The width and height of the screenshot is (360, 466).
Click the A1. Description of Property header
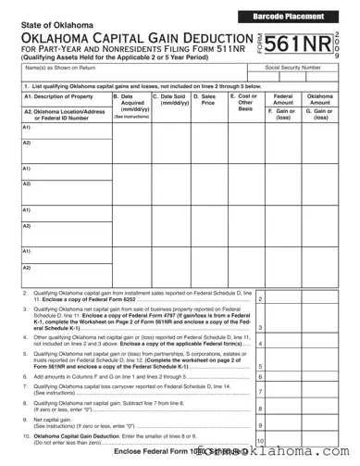(59, 96)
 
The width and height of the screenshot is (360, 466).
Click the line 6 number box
(262, 378)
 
